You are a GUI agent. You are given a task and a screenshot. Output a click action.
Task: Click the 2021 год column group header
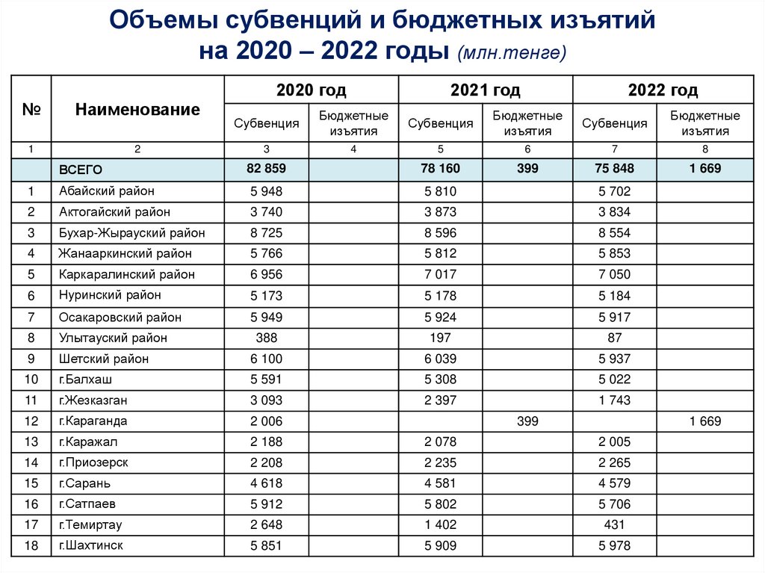(x=485, y=90)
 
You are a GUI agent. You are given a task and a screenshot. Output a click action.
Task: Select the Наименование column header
(x=137, y=109)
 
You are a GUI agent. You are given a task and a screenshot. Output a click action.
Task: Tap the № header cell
(x=31, y=109)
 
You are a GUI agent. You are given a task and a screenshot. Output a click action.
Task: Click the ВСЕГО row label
(x=81, y=170)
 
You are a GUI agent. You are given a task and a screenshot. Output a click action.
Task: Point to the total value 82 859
(x=266, y=169)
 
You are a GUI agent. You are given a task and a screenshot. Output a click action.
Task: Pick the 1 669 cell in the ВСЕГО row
(x=704, y=169)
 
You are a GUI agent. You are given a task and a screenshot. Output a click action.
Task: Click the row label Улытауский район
(x=113, y=338)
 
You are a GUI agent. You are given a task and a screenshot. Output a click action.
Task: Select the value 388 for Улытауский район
(x=266, y=338)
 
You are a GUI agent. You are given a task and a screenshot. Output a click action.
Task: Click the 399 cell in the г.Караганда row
(x=527, y=421)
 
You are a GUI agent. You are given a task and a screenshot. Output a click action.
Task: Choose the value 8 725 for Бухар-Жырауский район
(x=266, y=233)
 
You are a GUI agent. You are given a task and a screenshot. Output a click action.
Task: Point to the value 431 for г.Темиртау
(x=614, y=525)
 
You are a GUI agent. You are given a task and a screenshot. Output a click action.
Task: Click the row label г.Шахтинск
(x=91, y=545)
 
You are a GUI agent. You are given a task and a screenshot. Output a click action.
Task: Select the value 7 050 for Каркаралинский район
(x=614, y=275)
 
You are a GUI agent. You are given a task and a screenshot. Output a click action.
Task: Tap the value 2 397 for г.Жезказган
(x=440, y=400)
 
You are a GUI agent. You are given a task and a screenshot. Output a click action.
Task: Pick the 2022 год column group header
(x=663, y=90)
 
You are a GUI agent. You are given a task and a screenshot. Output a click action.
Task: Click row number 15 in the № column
(x=31, y=483)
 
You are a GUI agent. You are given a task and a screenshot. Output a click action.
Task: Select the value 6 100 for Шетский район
(x=266, y=359)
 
